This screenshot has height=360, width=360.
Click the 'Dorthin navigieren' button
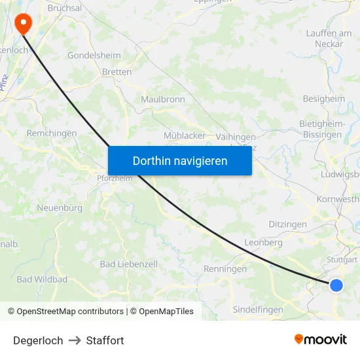coord(180,160)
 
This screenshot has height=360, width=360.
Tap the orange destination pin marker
coord(24,24)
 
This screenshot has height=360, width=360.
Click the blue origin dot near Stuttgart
coord(336,285)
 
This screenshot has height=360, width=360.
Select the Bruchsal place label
coord(65,8)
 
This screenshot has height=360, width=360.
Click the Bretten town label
coord(117,72)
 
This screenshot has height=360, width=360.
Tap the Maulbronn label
coord(163,99)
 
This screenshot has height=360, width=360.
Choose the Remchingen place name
coord(52,133)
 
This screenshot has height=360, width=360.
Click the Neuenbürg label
coord(60,207)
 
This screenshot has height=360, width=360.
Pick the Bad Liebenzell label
coord(128,264)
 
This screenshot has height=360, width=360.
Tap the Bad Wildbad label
coord(42,279)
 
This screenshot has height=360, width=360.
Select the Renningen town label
coord(225,269)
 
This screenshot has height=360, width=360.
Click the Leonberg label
coord(263,242)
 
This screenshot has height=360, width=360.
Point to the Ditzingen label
coord(287,224)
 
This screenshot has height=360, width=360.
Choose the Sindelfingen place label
coord(258,310)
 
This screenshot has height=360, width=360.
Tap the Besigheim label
coord(323,99)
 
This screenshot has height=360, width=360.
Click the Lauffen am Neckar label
coord(329,39)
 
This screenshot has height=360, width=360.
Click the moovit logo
coord(321,339)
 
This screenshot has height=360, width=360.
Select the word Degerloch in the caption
coord(38,340)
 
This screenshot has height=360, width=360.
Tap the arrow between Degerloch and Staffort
coord(75,340)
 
